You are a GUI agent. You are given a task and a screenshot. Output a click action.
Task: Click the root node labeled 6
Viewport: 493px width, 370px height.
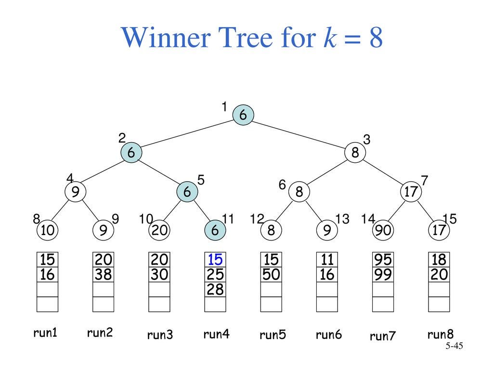(243, 115)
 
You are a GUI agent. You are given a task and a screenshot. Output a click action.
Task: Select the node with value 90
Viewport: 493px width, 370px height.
(383, 230)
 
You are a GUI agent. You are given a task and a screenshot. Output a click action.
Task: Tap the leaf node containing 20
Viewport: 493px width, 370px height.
(159, 230)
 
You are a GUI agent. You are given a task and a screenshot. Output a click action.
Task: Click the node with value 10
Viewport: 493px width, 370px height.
(47, 230)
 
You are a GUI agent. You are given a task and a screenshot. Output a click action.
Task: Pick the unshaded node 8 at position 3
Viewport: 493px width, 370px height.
(355, 153)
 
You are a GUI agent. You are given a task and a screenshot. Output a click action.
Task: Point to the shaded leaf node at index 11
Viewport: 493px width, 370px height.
(215, 230)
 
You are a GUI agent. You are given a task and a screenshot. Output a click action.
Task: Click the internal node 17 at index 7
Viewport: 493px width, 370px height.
(410, 192)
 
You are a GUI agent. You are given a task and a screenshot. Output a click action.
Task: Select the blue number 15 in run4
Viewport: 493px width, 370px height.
(215, 260)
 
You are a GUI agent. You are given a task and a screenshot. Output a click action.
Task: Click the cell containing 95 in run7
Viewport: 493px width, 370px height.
(383, 260)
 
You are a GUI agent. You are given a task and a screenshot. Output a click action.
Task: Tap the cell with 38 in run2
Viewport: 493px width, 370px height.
(103, 275)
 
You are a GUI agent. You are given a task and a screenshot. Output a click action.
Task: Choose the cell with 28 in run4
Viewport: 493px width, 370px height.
(215, 290)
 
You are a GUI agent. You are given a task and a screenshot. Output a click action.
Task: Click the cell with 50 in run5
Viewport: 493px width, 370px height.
(271, 275)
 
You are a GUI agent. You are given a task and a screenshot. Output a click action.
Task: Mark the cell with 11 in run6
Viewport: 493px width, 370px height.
(327, 260)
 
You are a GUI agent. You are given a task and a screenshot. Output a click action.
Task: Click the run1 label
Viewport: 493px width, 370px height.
(45, 333)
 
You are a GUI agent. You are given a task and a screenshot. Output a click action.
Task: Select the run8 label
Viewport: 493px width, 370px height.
(440, 334)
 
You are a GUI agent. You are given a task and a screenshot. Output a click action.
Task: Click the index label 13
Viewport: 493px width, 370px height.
(342, 220)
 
